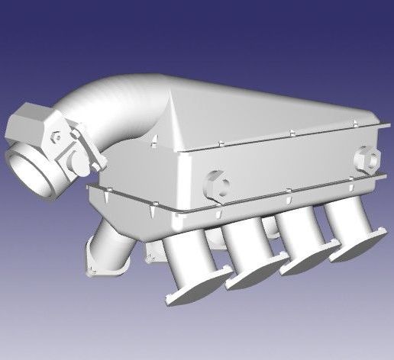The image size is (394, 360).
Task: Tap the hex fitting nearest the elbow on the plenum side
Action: coord(216,185)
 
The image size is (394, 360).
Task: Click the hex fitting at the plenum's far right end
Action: coord(368,159)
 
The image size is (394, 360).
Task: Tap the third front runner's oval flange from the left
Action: coord(309,259)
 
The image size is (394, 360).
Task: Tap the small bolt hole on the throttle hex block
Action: coord(57,138)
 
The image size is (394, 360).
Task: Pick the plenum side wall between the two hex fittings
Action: coord(290,172)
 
